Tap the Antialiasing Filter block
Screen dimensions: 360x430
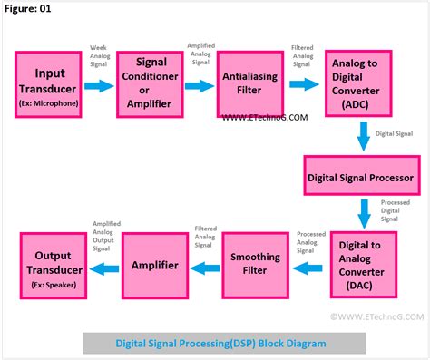pyautogui.click(x=254, y=86)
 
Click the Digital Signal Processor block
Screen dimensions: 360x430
pyautogui.click(x=360, y=176)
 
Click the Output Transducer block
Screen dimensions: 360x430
pyautogui.click(x=55, y=266)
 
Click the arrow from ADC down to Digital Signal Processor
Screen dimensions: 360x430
pyautogui.click(x=363, y=136)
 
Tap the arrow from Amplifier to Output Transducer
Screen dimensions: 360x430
pyautogui.click(x=105, y=268)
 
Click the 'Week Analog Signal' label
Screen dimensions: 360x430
pyautogui.click(x=101, y=56)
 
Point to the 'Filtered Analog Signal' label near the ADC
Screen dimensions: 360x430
pyautogui.click(x=304, y=56)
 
